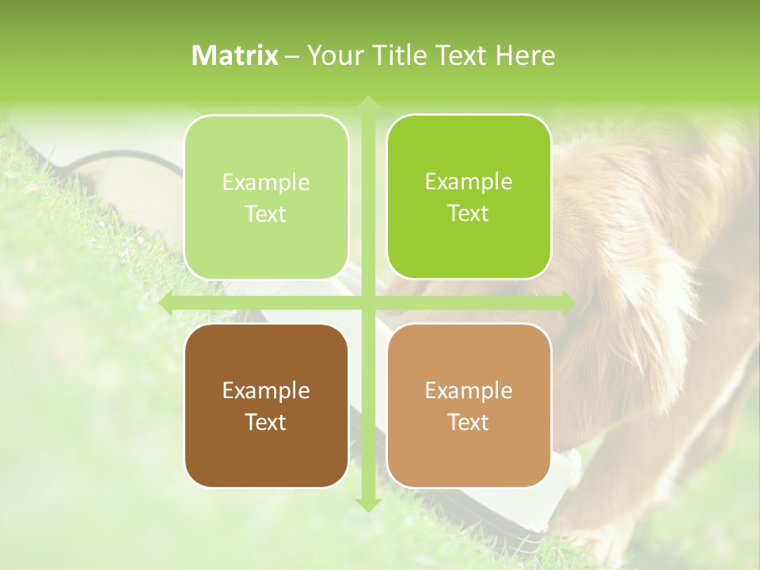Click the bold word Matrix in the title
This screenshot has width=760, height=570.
(x=235, y=55)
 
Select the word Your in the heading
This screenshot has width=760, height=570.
(x=332, y=55)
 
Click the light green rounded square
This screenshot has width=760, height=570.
(x=266, y=197)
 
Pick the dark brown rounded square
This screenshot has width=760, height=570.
(x=266, y=405)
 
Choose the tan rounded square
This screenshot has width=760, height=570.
(x=469, y=405)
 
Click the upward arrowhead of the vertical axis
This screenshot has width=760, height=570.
(x=367, y=102)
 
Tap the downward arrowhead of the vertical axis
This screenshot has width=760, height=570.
(x=367, y=504)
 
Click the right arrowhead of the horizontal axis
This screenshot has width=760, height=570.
(x=568, y=303)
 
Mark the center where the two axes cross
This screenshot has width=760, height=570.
(x=367, y=303)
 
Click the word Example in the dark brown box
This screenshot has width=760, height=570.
(x=266, y=390)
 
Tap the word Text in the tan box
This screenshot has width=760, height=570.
(x=469, y=422)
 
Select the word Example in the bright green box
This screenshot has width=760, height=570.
(x=469, y=181)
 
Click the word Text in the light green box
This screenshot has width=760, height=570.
(x=266, y=214)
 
